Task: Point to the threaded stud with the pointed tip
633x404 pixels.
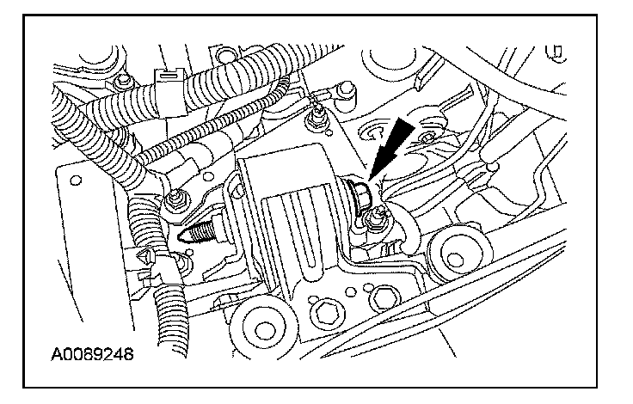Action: pyautogui.click(x=200, y=230)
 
